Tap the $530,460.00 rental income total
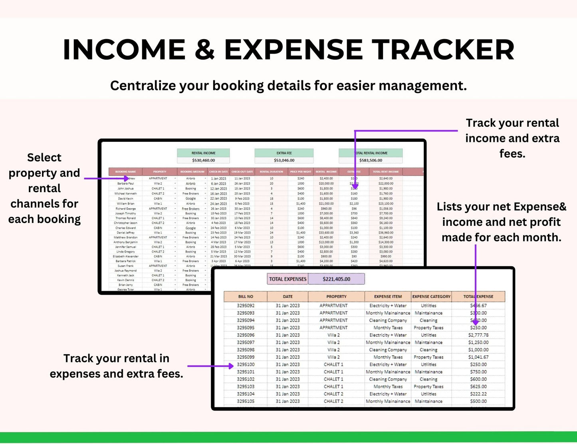click(203, 160)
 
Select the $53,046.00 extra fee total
click(284, 160)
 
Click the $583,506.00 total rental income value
click(371, 160)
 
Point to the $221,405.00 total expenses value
click(336, 279)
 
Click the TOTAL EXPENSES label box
click(288, 279)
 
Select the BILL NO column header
click(246, 297)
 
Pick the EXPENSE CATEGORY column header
click(431, 297)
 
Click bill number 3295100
click(246, 364)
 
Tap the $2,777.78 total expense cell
click(478, 335)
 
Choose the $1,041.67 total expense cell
click(478, 357)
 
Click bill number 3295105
click(246, 401)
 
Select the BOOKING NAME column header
click(125, 172)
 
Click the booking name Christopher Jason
click(125, 223)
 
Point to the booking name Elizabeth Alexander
click(125, 257)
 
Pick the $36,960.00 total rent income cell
click(386, 233)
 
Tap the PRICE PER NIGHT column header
click(301, 172)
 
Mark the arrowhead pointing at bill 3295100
click(231, 366)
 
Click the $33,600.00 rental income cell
click(326, 233)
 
